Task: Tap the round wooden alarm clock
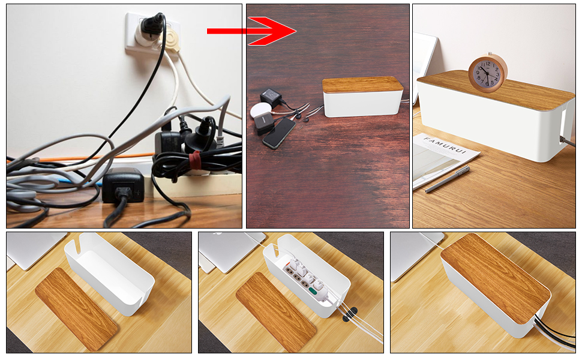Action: click(x=487, y=73)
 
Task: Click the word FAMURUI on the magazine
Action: click(x=445, y=145)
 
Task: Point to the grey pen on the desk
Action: click(x=447, y=179)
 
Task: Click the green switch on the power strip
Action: click(x=313, y=292)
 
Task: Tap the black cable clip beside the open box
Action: click(x=349, y=314)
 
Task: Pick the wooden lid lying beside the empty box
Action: click(x=76, y=309)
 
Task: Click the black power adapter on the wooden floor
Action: click(x=123, y=185)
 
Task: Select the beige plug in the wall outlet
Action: click(x=172, y=40)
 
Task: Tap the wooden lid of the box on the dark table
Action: click(x=362, y=85)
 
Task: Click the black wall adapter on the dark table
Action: click(x=271, y=97)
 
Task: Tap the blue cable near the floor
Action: click(x=74, y=181)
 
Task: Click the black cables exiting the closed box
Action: click(x=555, y=332)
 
